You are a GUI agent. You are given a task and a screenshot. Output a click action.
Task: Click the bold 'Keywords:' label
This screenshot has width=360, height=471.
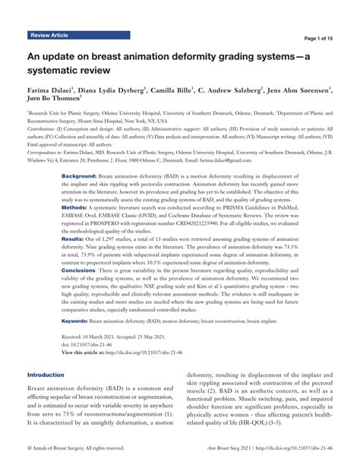click(77, 343)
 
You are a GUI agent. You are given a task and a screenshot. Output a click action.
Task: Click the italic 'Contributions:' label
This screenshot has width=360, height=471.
click(44, 130)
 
